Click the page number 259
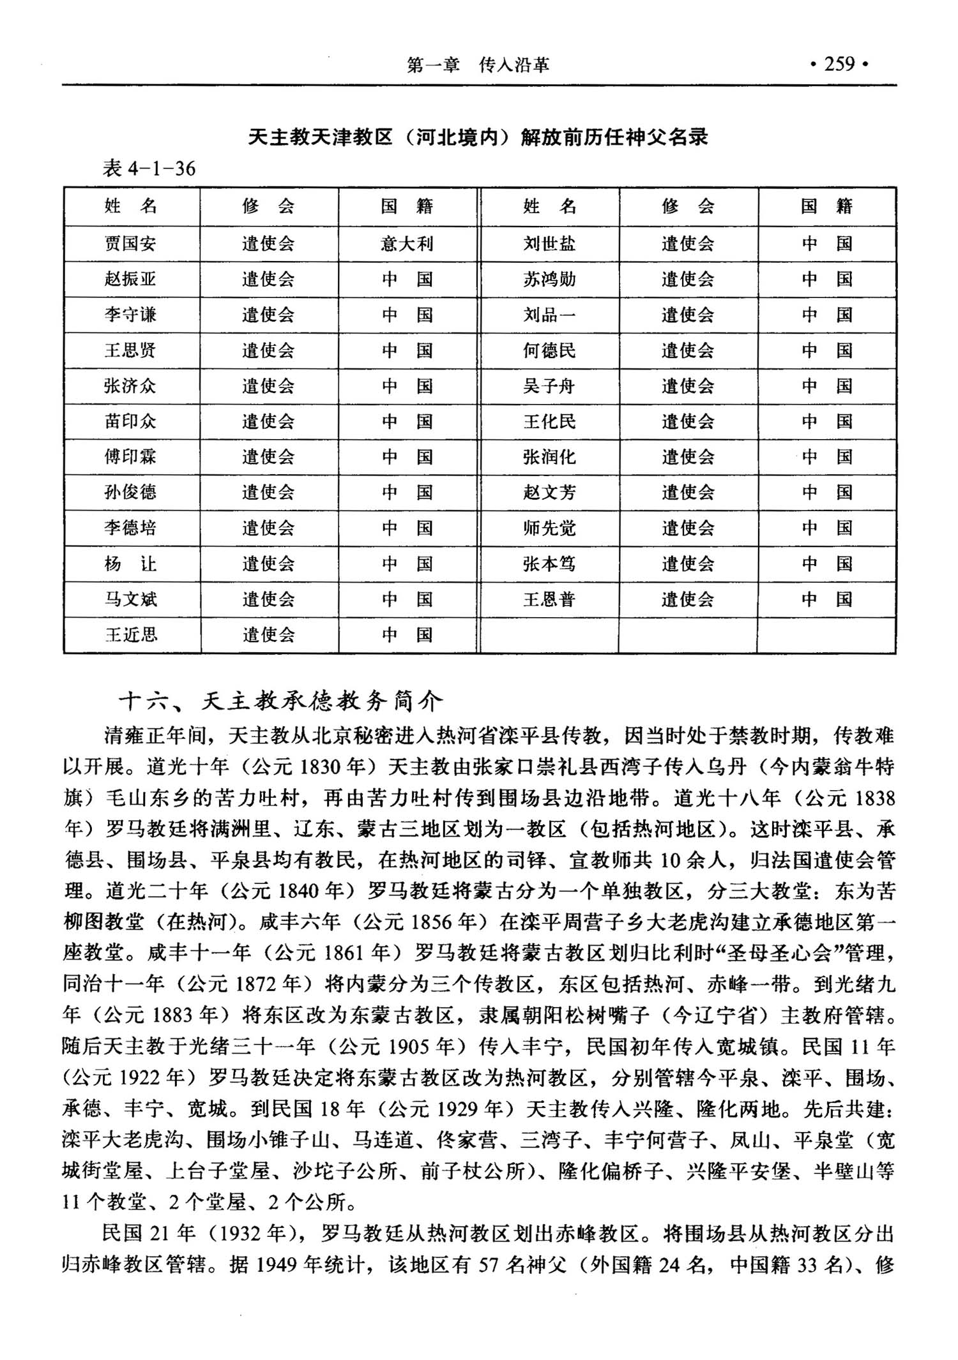point(839,64)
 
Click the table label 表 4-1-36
point(149,168)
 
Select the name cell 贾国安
point(130,244)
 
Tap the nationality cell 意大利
point(407,244)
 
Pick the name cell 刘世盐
point(549,244)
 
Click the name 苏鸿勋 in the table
point(549,280)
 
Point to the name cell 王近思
point(131,635)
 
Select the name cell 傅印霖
point(130,457)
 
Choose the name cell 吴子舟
point(549,386)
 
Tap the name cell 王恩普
point(549,599)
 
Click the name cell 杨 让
point(130,564)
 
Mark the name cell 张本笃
point(549,564)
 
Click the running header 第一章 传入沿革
point(478,64)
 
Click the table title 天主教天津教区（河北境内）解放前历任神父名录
point(478,137)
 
